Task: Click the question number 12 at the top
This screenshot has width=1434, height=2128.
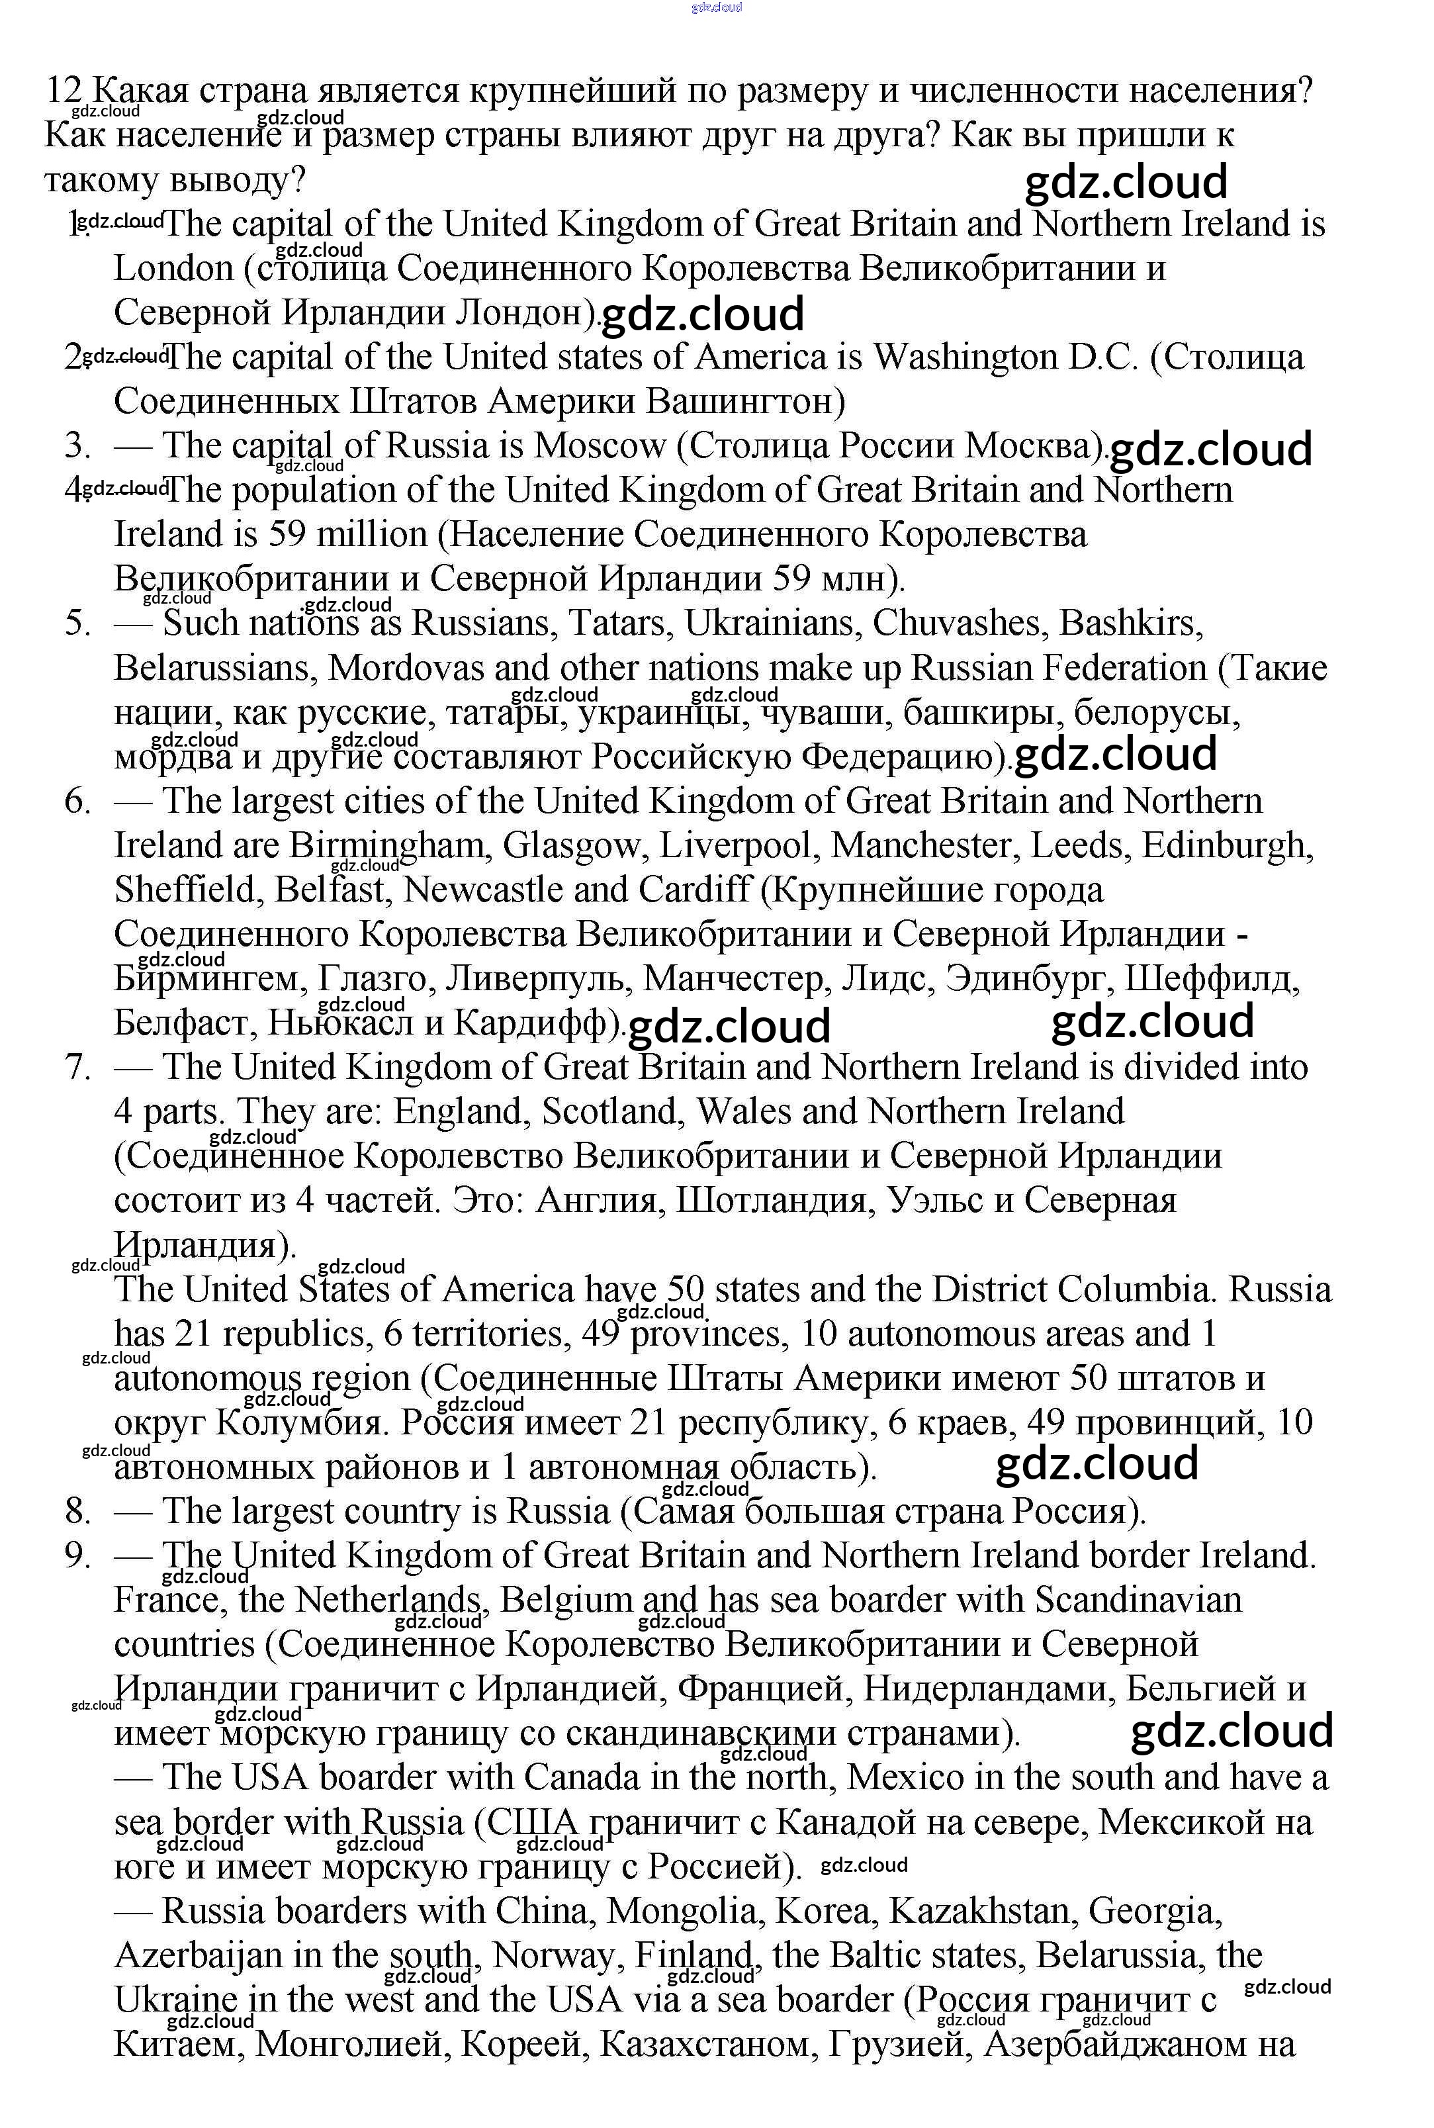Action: [64, 91]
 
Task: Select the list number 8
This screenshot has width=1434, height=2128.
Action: [77, 1512]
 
